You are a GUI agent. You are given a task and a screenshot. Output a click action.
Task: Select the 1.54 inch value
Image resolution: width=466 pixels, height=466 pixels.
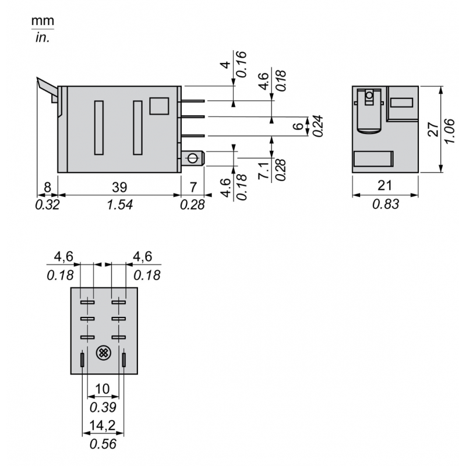pyautogui.click(x=119, y=204)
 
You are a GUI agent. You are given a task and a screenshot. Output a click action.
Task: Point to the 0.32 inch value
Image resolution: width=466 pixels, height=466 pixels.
pyautogui.click(x=47, y=204)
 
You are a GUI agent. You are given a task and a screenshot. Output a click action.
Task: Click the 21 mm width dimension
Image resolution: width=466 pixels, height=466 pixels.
pyautogui.click(x=385, y=186)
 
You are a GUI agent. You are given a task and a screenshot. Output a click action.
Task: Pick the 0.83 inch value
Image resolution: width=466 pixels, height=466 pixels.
pyautogui.click(x=385, y=204)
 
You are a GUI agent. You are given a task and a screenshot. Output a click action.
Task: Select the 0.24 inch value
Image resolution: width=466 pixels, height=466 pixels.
pyautogui.click(x=319, y=125)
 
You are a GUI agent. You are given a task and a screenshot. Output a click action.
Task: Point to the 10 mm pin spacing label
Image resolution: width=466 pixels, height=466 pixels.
pyautogui.click(x=103, y=389)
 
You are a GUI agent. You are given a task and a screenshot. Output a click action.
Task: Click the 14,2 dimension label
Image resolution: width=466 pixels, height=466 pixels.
pyautogui.click(x=103, y=426)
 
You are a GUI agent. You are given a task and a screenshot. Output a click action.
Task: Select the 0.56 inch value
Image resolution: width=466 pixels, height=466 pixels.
pyautogui.click(x=103, y=444)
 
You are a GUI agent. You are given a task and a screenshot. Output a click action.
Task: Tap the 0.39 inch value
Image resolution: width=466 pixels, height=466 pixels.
pyautogui.click(x=103, y=407)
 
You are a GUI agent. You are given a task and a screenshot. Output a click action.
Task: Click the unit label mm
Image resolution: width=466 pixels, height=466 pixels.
pyautogui.click(x=42, y=20)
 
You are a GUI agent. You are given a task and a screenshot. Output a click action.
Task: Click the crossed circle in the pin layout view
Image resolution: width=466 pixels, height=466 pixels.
pyautogui.click(x=103, y=353)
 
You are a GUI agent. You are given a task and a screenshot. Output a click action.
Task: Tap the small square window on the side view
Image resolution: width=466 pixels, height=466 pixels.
pyautogui.click(x=158, y=105)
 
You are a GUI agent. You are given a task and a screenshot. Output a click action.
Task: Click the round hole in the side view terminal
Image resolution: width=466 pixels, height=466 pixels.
pyautogui.click(x=192, y=158)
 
